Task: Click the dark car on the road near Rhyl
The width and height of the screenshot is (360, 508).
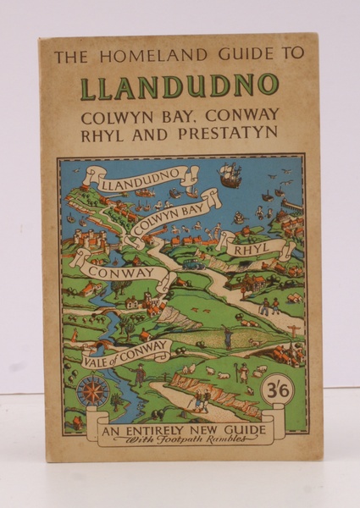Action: coord(192,263)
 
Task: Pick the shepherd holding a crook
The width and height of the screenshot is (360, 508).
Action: coord(227,340)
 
